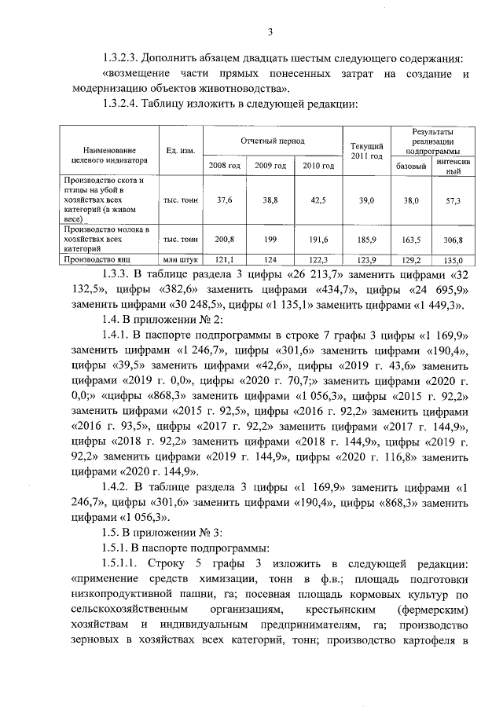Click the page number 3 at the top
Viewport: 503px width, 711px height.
[270, 31]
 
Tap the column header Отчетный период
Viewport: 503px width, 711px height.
[272, 140]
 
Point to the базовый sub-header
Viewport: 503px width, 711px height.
[411, 167]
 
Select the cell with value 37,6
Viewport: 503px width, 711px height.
[225, 201]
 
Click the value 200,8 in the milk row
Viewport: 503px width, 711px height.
[225, 239]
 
